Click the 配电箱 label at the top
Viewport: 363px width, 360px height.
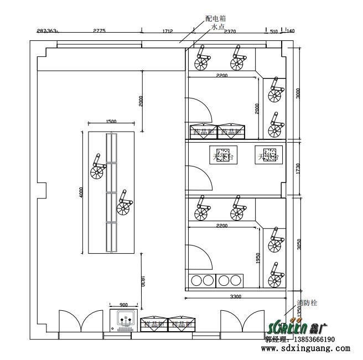[x=214, y=18]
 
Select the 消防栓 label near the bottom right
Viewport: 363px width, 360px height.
[x=307, y=303]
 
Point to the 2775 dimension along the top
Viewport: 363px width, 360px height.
[x=99, y=32]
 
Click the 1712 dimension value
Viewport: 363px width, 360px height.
[x=168, y=32]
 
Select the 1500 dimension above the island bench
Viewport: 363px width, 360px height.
[x=111, y=122]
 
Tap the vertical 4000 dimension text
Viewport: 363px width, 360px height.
[x=81, y=192]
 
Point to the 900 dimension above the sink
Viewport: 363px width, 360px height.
[x=123, y=305]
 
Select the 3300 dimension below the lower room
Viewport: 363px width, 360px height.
[x=235, y=298]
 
